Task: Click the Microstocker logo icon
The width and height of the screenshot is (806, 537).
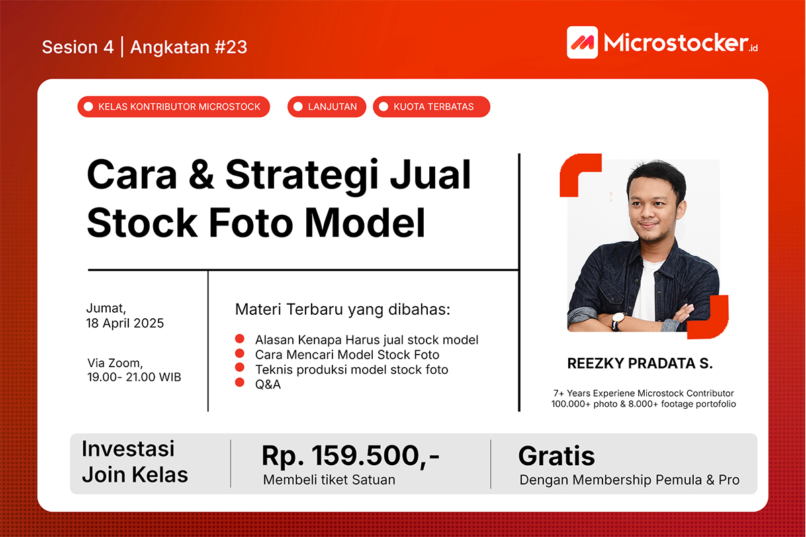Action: [x=582, y=42]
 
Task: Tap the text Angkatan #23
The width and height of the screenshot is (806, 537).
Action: [x=189, y=47]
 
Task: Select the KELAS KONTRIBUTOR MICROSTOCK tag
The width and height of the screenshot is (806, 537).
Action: [x=173, y=107]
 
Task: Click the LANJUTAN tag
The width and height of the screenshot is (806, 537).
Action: [x=326, y=107]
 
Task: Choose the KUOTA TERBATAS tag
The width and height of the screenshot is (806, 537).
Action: [x=431, y=107]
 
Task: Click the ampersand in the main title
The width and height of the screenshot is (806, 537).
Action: [x=201, y=175]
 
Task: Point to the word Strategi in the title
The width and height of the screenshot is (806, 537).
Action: [x=302, y=177]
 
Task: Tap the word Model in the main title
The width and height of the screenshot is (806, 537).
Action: [x=365, y=223]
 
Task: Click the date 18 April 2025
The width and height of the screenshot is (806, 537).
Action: [x=125, y=324]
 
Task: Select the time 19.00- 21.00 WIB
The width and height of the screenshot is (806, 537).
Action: [x=134, y=377]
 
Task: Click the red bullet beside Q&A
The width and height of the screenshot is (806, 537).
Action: [x=240, y=382]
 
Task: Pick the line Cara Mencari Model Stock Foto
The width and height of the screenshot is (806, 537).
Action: [x=347, y=354]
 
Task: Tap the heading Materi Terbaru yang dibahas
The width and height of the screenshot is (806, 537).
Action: [x=343, y=309]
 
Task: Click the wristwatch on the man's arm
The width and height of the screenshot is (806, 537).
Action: [x=617, y=320]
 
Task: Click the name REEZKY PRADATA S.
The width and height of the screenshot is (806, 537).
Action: [x=639, y=363]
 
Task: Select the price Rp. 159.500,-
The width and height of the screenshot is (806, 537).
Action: [x=351, y=456]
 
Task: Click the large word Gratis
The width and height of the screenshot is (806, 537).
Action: [x=556, y=456]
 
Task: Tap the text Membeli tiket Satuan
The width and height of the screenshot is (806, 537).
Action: [x=329, y=480]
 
